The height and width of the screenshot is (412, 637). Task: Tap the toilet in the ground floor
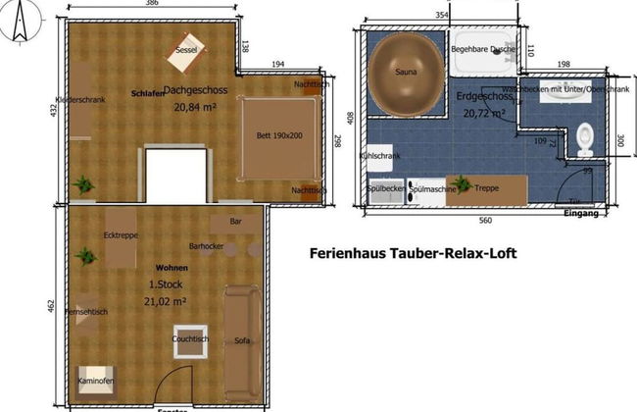[x=585, y=138]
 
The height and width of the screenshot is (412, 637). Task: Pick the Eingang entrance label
[x=583, y=213]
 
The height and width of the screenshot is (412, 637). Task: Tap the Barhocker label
[x=207, y=245]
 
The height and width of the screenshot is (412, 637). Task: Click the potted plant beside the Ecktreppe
[x=87, y=256]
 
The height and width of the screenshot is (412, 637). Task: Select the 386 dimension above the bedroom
[x=152, y=5]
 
